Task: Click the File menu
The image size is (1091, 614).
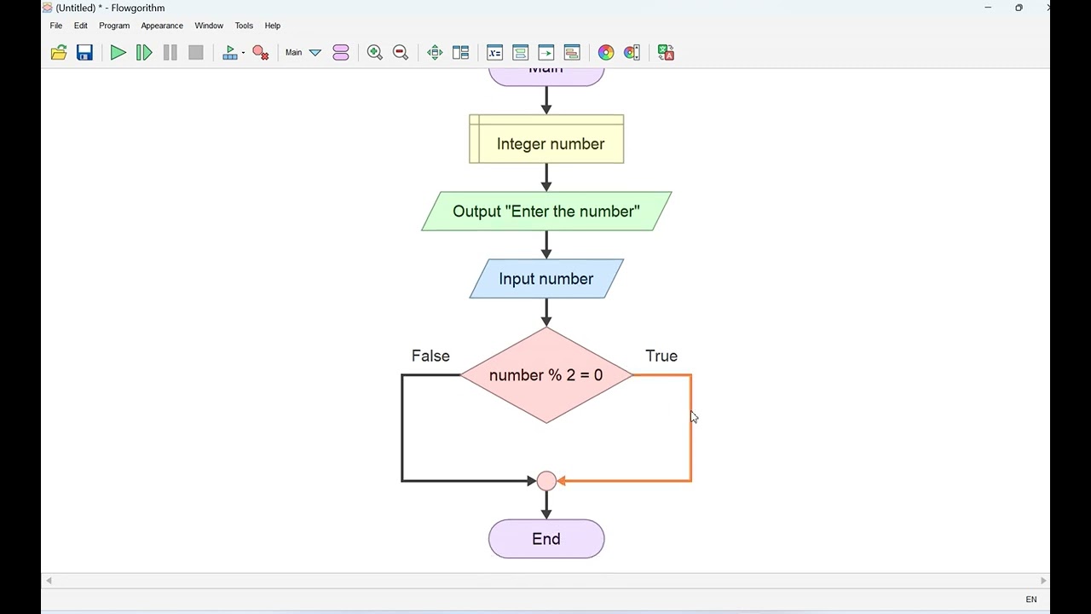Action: point(56,26)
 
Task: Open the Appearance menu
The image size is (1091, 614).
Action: point(162,26)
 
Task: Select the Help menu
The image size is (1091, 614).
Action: point(273,26)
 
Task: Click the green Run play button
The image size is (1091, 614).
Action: point(118,53)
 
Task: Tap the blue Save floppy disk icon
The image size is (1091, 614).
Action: point(84,53)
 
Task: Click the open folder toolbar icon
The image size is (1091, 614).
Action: point(59,53)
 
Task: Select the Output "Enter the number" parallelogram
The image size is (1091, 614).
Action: point(546,211)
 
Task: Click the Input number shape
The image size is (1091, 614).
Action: point(546,279)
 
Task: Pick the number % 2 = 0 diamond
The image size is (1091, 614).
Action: point(546,375)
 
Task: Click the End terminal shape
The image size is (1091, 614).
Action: point(546,539)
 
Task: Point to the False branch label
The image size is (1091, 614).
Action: point(430,356)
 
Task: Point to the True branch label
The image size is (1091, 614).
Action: point(661,356)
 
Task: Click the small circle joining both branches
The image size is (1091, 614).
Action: point(546,481)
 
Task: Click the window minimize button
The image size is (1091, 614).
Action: point(988,8)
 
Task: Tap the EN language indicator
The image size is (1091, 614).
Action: point(1031,600)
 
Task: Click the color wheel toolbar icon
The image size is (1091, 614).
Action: point(606,53)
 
